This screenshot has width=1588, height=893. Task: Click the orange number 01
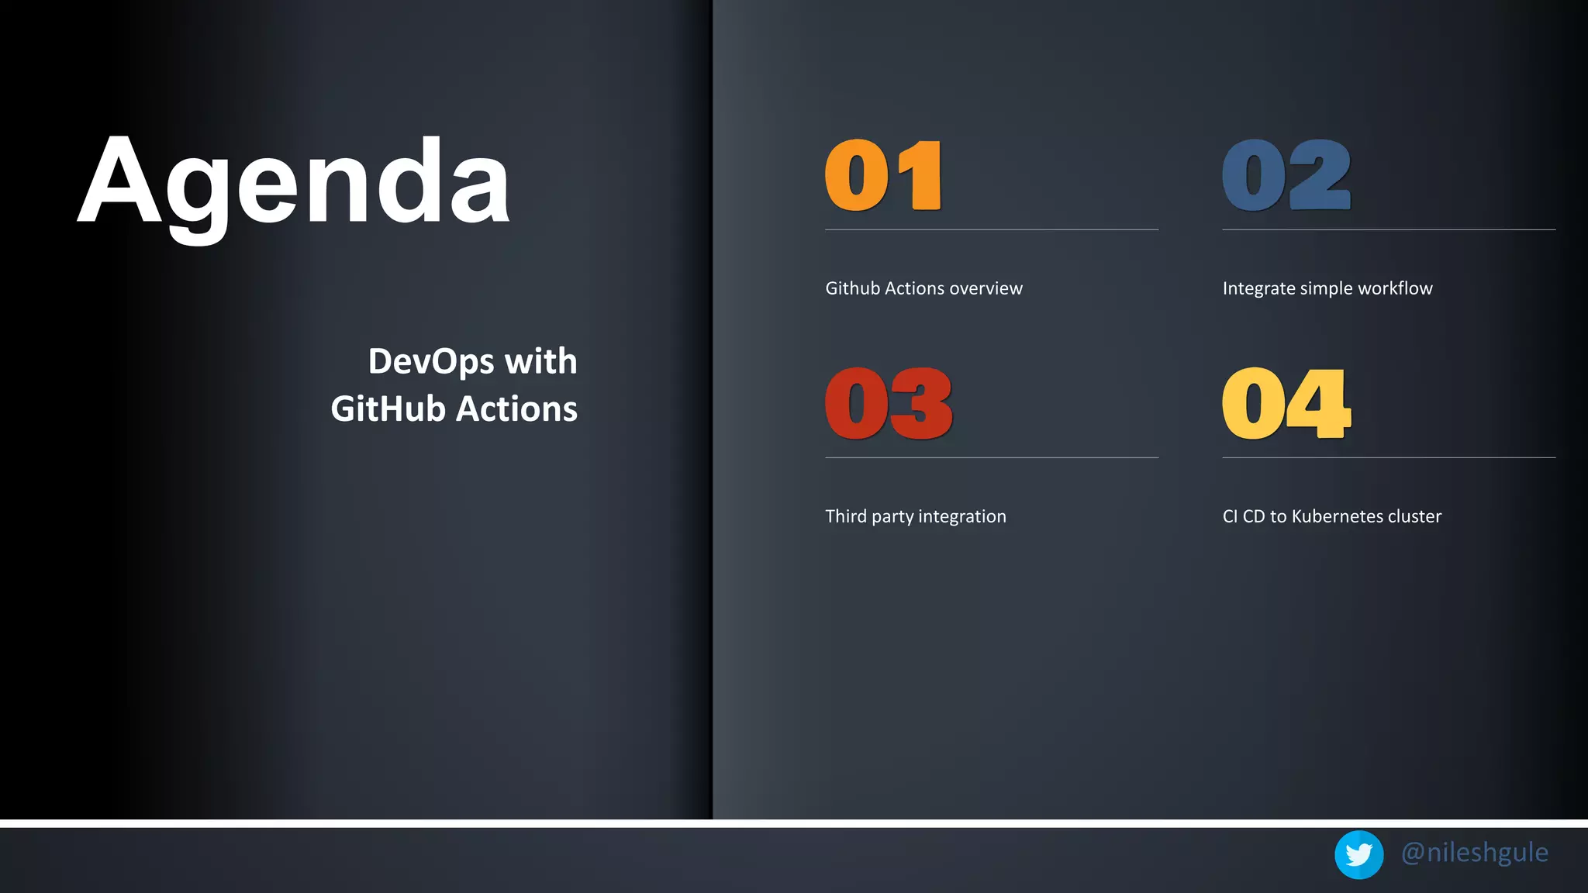[883, 176]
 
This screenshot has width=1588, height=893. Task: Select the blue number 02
[1286, 176]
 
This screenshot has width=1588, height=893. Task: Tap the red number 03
[889, 404]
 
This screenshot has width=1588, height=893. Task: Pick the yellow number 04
[1286, 404]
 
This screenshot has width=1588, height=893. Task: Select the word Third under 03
[845, 516]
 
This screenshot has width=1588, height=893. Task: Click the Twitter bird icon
[1358, 854]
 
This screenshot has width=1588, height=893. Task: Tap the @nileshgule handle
[1474, 853]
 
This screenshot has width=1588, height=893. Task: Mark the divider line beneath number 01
[992, 229]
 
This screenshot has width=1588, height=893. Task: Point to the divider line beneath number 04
[1389, 457]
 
